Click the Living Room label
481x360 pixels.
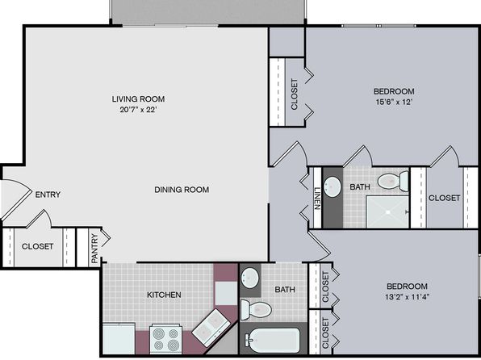click(138, 98)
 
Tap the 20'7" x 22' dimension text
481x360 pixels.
click(138, 110)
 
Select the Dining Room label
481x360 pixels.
click(182, 190)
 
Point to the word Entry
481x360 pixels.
click(48, 195)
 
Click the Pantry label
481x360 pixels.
click(94, 249)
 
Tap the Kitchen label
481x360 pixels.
click(164, 295)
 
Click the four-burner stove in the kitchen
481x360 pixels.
click(165, 339)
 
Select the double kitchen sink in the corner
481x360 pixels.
click(211, 324)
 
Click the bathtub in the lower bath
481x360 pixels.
click(273, 341)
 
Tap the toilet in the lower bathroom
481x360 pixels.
click(256, 309)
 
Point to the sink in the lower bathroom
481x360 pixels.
click(249, 278)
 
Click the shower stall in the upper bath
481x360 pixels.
click(387, 212)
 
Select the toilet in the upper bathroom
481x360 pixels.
click(393, 181)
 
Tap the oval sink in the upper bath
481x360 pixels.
click(333, 186)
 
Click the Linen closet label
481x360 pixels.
click(317, 199)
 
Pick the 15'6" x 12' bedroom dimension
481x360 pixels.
click(394, 103)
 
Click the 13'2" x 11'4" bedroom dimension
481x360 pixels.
click(407, 297)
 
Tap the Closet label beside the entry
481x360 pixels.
click(37, 246)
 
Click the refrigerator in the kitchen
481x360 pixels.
click(119, 338)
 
